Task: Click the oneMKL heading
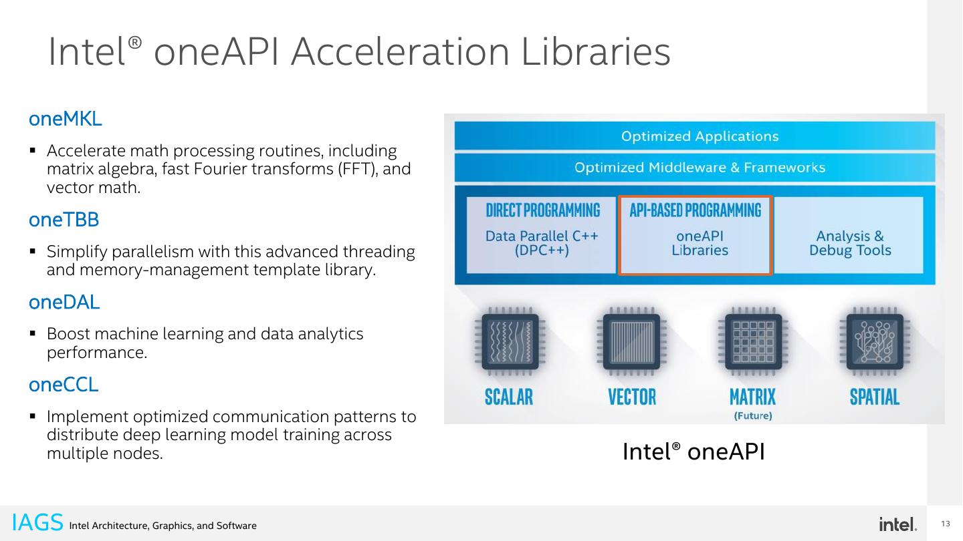click(x=65, y=120)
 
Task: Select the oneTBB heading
click(x=64, y=219)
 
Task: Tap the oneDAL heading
click(x=64, y=302)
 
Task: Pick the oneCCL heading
click(x=64, y=385)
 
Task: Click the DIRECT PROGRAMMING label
click(x=542, y=210)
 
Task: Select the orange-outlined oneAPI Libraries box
click(x=695, y=235)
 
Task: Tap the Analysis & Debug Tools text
click(x=850, y=243)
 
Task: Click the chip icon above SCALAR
click(x=510, y=342)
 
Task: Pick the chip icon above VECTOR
click(x=631, y=342)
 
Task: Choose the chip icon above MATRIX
click(x=753, y=342)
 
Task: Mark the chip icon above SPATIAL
click(x=874, y=342)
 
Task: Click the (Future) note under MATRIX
click(x=753, y=416)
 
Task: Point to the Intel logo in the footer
click(x=897, y=524)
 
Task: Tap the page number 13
click(x=946, y=524)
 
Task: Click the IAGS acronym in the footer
click(x=37, y=522)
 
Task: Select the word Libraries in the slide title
click(x=596, y=52)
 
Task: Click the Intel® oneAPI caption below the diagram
click(x=693, y=452)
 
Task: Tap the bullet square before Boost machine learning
click(x=32, y=333)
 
